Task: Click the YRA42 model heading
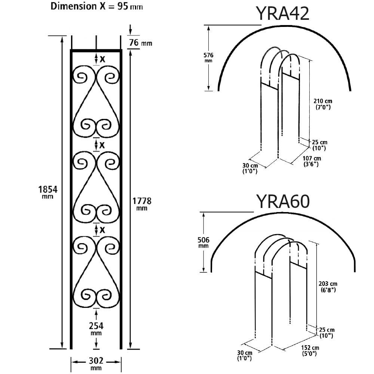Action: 282,13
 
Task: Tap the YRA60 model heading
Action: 282,202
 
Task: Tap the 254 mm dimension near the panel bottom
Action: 96,328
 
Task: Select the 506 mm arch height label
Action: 203,242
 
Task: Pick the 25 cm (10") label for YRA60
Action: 327,332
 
